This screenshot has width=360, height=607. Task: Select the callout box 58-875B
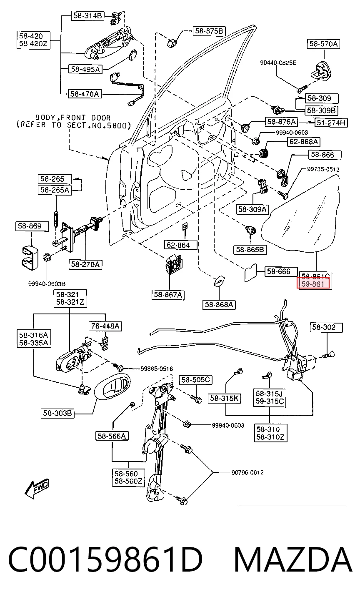(209, 31)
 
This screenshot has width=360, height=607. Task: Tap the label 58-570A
(323, 44)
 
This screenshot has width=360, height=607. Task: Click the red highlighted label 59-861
(314, 284)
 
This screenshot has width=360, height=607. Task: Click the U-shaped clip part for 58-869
(30, 258)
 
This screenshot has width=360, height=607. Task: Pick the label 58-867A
(168, 294)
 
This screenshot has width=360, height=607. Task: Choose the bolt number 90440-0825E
(278, 63)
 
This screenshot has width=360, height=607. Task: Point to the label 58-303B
(57, 413)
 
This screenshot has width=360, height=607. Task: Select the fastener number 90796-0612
(247, 472)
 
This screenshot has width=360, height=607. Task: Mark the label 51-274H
(331, 123)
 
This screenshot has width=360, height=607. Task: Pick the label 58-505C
(195, 380)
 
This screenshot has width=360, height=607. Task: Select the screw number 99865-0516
(157, 369)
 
